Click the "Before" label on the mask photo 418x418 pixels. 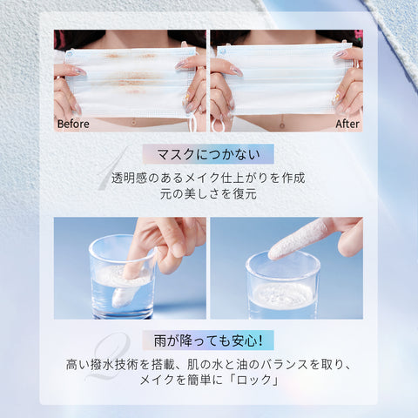click(73, 124)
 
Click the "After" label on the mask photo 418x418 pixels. click(347, 124)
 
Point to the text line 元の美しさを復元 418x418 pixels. click(209, 194)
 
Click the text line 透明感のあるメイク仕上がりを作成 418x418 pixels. click(209, 177)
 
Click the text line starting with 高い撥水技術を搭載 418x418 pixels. click(209, 362)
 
